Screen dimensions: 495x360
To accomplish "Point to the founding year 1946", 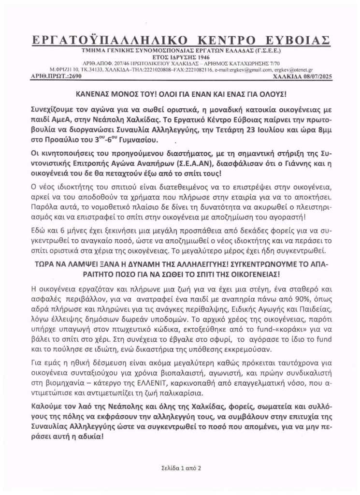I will [192, 56].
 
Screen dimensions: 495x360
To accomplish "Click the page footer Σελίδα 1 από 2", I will [181, 468].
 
